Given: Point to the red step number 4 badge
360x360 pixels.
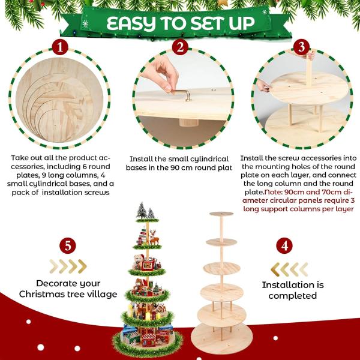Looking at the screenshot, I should tap(284, 246).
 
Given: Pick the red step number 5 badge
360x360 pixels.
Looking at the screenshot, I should tap(68, 245).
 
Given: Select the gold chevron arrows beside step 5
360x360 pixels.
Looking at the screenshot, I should tap(68, 266).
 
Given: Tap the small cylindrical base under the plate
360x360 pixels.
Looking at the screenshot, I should tap(188, 122).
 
